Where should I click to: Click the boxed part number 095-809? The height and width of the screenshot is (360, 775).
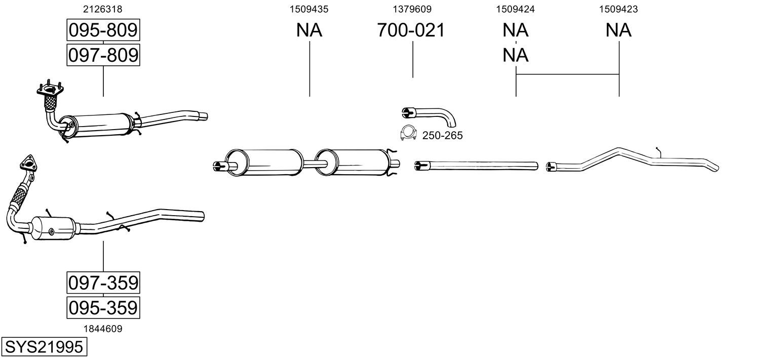(x=103, y=30)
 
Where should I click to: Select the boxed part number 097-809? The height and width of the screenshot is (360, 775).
(x=103, y=55)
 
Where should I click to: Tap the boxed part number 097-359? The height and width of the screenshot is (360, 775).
(x=103, y=283)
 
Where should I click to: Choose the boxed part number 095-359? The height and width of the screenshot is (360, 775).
(x=103, y=307)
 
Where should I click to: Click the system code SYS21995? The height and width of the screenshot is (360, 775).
(x=43, y=347)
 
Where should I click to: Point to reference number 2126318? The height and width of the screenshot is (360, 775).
(x=103, y=9)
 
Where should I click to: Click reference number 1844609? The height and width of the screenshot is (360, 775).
(x=103, y=329)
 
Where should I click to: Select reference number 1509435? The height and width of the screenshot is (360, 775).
(x=309, y=9)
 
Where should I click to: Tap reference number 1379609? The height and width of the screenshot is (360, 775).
(x=412, y=9)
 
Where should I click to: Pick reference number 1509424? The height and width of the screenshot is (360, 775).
(x=515, y=9)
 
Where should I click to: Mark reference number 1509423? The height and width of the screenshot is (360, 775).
(x=618, y=9)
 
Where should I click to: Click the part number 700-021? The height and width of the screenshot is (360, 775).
(x=411, y=30)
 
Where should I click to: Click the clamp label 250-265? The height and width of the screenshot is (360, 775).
(x=442, y=136)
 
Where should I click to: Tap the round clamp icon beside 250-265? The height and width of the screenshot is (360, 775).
(x=408, y=133)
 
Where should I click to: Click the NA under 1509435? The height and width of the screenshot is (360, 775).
(x=309, y=30)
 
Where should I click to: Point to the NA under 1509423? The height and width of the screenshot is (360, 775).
(x=618, y=30)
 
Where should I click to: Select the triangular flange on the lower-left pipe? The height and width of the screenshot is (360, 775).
(x=28, y=164)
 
